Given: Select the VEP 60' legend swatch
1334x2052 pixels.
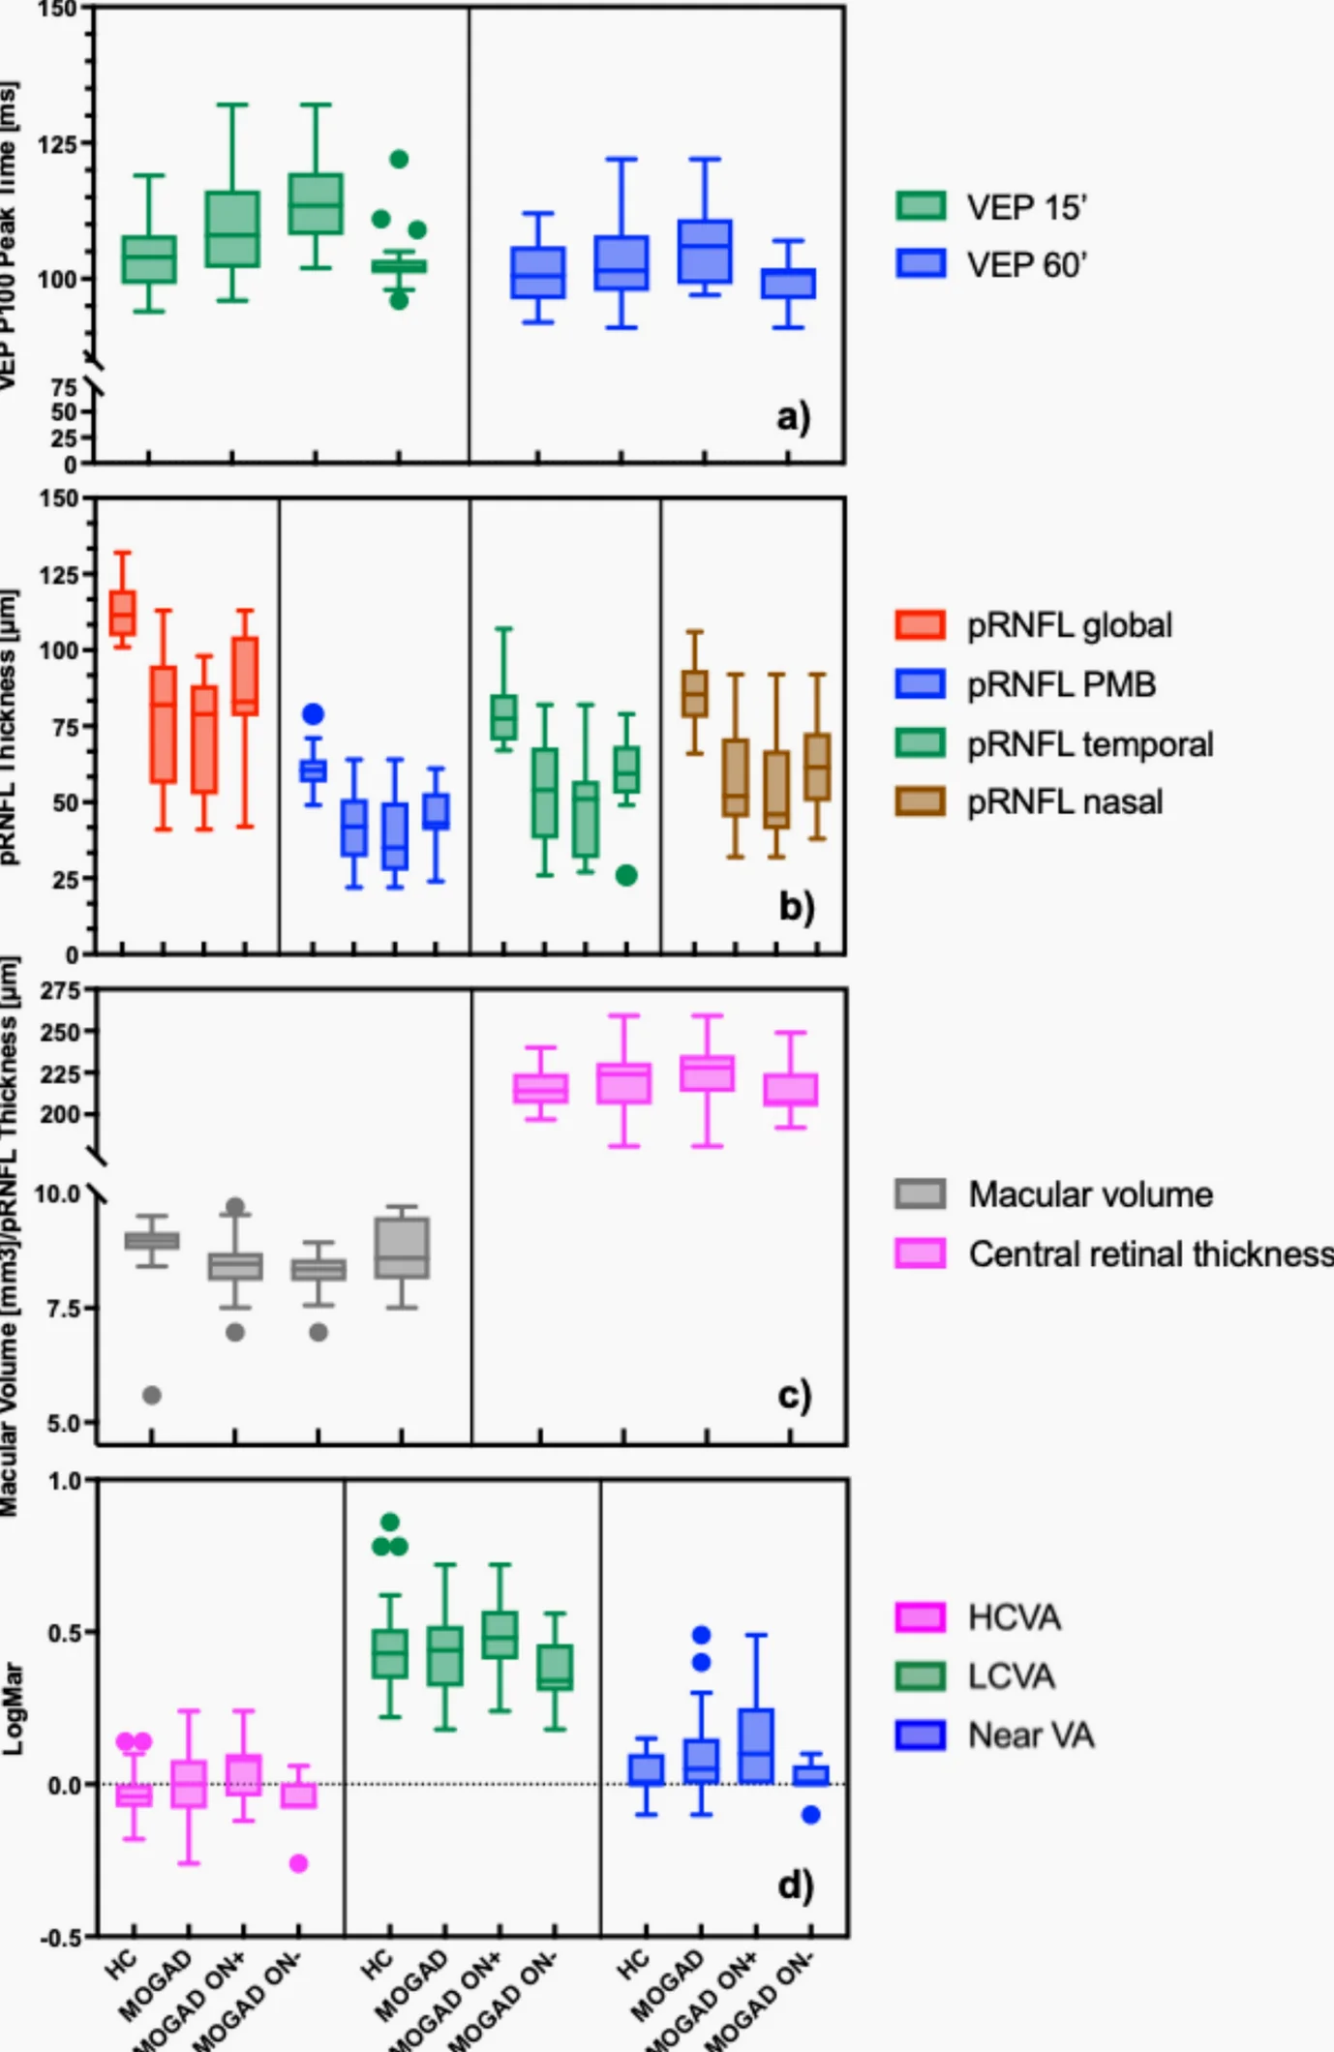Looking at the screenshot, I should click(x=921, y=264).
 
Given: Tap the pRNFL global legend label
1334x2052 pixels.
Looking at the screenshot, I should click(x=1070, y=625).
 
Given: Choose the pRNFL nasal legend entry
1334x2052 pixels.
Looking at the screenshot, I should click(x=1065, y=802).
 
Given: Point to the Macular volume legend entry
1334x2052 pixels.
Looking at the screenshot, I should click(x=1090, y=1194).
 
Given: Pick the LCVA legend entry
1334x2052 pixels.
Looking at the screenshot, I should click(x=1011, y=1676).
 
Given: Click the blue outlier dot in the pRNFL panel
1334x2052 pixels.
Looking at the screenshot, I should click(x=313, y=714).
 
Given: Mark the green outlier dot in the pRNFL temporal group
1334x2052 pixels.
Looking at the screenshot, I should click(x=626, y=875).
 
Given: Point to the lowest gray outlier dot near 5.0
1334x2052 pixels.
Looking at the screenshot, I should click(x=152, y=1395).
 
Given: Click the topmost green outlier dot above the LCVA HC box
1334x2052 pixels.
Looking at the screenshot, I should click(x=390, y=1523).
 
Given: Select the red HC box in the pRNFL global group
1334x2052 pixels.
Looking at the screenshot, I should click(x=123, y=613).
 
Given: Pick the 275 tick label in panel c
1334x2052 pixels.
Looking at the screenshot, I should click(x=60, y=991).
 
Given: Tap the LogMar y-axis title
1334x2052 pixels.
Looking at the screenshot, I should click(x=14, y=1709).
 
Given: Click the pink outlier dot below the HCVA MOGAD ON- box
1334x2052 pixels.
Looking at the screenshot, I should click(x=299, y=1863).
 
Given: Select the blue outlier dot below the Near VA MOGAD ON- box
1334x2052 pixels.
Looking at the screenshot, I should click(x=811, y=1815).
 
